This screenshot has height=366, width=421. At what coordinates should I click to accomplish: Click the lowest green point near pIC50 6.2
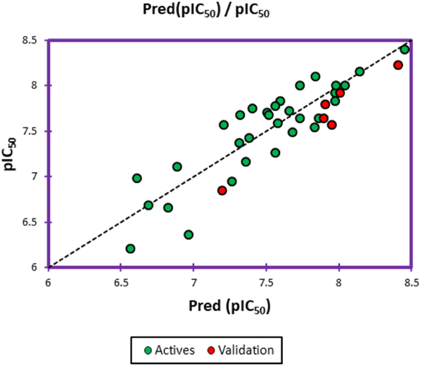click(130, 248)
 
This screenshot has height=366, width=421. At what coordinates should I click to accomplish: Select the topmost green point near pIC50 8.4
click(404, 49)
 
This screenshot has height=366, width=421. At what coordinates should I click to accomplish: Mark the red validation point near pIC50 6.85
click(222, 190)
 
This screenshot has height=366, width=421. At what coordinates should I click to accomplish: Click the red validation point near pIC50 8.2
click(398, 65)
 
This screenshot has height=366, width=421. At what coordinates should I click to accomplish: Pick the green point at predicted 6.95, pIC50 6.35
click(188, 234)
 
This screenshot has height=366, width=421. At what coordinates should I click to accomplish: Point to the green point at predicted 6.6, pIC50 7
click(137, 178)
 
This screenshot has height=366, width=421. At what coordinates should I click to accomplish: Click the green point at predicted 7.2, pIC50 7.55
click(224, 124)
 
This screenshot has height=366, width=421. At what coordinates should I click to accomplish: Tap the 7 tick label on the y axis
click(36, 177)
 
